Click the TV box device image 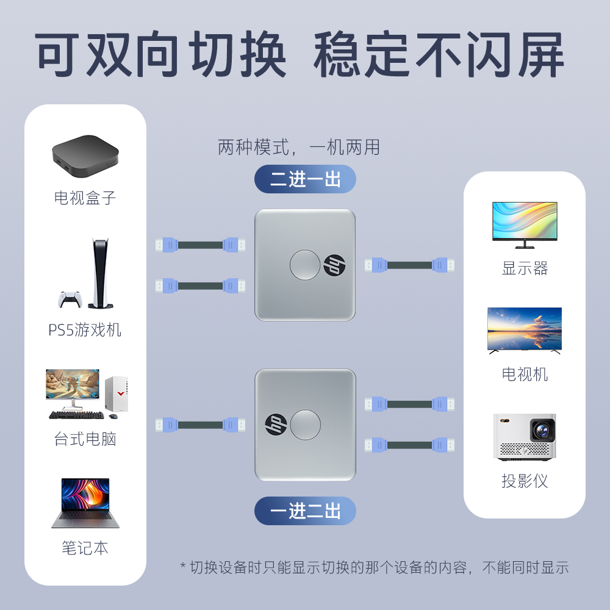(85, 155)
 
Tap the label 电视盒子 (85, 198)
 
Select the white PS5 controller (70, 299)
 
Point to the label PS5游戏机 (85, 331)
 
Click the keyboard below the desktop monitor (76, 415)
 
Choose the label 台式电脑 (85, 439)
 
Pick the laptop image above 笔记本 (85, 503)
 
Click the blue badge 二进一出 (305, 179)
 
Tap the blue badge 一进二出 (305, 511)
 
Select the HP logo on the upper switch (334, 265)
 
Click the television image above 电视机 (525, 330)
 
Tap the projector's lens (542, 429)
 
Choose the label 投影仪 (525, 481)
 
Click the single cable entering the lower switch (200, 425)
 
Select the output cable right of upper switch (409, 265)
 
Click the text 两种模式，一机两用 (299, 147)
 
